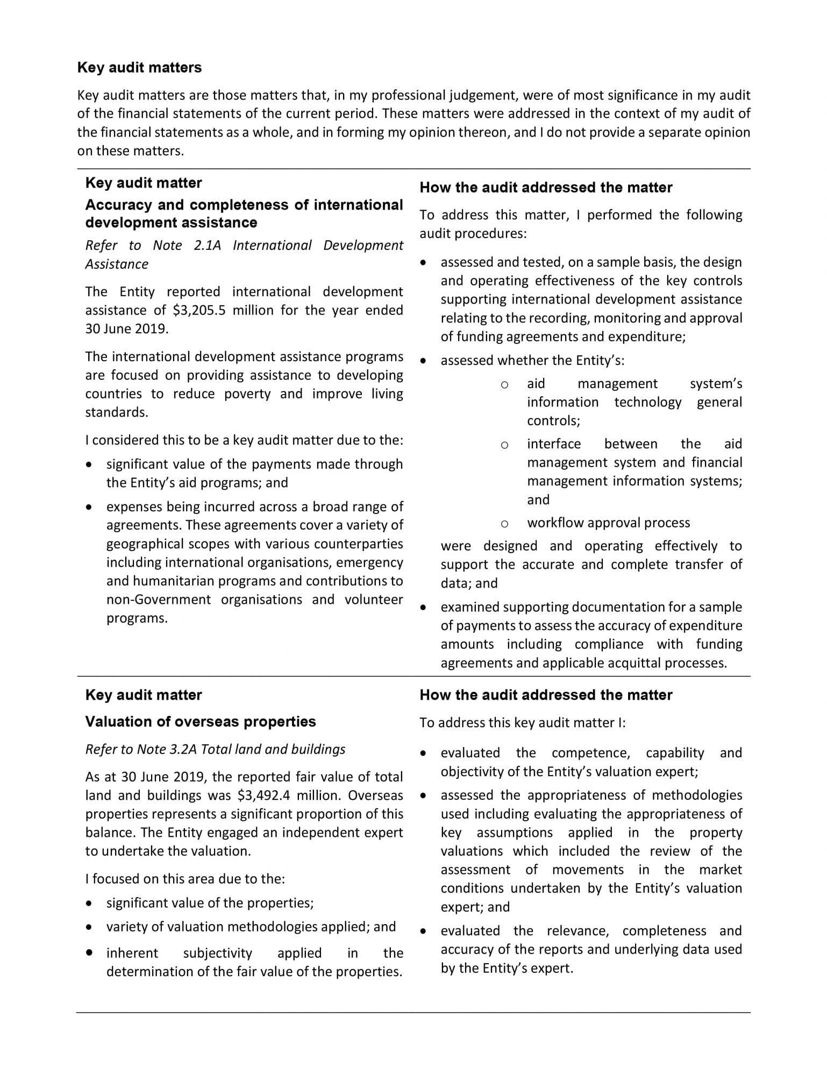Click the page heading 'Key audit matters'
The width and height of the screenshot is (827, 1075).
point(139,67)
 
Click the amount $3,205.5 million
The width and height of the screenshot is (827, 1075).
point(224,310)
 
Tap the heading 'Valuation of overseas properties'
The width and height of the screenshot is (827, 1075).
point(200,721)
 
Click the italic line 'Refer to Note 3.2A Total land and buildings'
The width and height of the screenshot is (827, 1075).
point(215,749)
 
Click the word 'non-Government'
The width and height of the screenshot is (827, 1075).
point(158,599)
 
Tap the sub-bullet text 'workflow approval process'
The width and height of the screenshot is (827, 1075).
point(608,522)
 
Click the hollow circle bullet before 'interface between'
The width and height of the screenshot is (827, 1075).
point(504,445)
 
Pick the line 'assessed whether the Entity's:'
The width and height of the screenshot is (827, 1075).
point(532,360)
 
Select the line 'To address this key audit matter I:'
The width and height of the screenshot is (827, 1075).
point(522,722)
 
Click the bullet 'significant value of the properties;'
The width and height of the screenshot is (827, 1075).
point(210,902)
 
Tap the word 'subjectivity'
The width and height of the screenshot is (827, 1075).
point(217,953)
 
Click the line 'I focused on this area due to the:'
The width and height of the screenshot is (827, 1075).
point(184,879)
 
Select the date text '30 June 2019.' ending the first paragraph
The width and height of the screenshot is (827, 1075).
point(127,328)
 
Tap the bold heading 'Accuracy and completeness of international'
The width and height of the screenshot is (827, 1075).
point(244,205)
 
